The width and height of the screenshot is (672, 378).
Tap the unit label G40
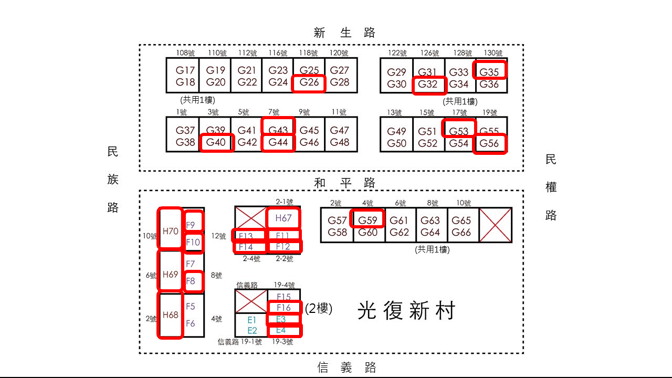(x=216, y=143)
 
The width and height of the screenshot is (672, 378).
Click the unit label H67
(x=283, y=217)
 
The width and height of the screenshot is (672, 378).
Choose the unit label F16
(x=284, y=308)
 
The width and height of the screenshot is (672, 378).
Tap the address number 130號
(x=492, y=53)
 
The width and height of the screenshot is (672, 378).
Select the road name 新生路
(x=345, y=33)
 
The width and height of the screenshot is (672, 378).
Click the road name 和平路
(x=345, y=183)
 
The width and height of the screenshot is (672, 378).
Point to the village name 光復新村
(x=406, y=311)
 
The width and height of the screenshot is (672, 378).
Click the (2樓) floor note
(x=319, y=309)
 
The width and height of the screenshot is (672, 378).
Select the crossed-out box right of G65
(x=495, y=225)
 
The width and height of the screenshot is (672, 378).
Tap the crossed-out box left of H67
(x=251, y=217)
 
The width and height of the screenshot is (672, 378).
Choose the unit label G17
(x=185, y=70)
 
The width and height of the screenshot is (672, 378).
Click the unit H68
(x=171, y=315)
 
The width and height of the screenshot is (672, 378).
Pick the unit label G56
(x=490, y=144)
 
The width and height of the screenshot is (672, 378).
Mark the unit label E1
(x=251, y=320)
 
